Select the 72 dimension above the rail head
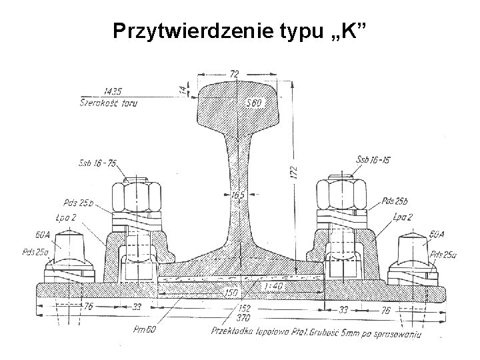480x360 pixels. [235, 72]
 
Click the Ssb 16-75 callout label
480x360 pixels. [96, 163]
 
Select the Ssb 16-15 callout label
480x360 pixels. [374, 159]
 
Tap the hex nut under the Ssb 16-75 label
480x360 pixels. [137, 197]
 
